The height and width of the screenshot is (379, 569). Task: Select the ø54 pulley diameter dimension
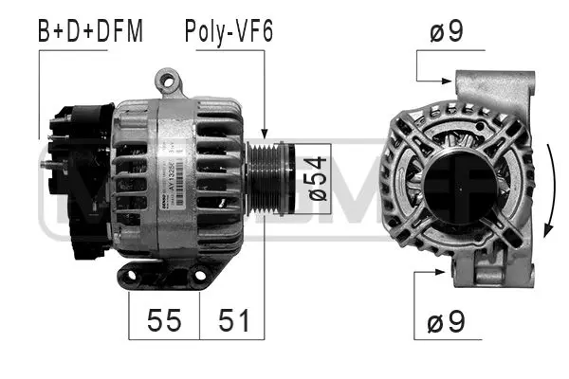[x=318, y=180]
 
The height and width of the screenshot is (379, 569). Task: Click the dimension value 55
[x=164, y=320]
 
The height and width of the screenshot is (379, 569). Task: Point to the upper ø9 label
[x=447, y=31]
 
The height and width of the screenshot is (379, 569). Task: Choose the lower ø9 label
[x=447, y=323]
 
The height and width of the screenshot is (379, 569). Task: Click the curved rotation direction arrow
[x=552, y=189]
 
